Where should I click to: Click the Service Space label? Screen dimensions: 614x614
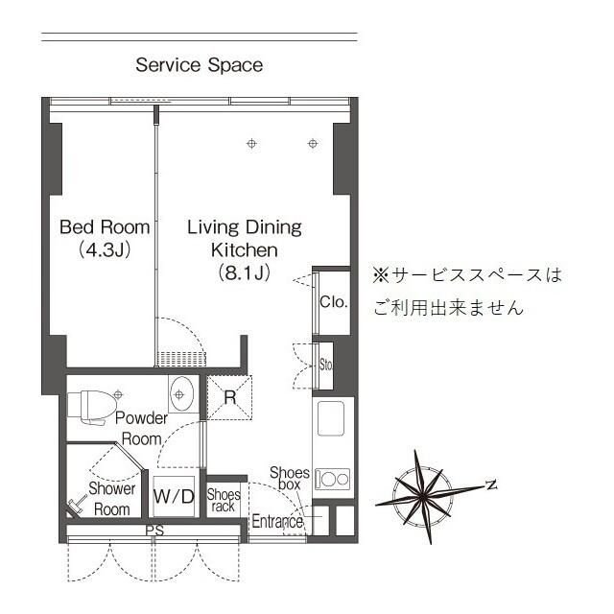(x=199, y=65)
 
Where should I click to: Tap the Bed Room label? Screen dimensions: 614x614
(x=105, y=227)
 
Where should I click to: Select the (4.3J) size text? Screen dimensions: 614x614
(x=105, y=250)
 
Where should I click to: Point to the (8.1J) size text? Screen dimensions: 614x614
(x=244, y=272)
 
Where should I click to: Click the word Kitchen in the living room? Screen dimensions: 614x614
(x=244, y=249)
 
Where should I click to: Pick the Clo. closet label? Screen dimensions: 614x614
(x=334, y=302)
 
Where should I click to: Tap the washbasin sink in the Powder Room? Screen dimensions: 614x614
(x=181, y=394)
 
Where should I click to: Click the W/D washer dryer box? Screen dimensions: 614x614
(x=174, y=496)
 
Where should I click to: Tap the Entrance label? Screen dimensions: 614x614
(x=277, y=522)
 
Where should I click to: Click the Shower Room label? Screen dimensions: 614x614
(x=111, y=499)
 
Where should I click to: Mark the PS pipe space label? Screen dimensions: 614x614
(x=153, y=531)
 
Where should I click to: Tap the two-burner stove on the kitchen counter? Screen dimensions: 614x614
(x=333, y=478)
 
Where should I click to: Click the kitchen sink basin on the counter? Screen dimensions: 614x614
(x=332, y=419)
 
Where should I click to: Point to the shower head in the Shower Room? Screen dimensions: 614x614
(x=75, y=504)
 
